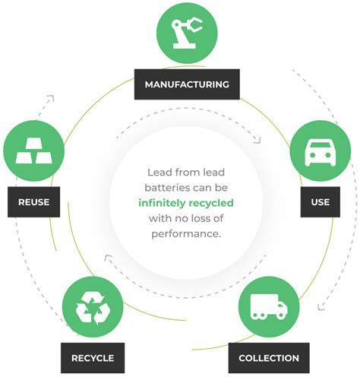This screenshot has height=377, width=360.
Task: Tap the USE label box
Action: click(x=320, y=202)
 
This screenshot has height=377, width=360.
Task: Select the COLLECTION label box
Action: click(x=269, y=357)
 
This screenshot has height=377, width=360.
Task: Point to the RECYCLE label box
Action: click(x=93, y=357)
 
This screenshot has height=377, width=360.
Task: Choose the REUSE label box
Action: click(x=34, y=202)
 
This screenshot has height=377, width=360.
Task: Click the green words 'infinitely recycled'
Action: click(x=185, y=203)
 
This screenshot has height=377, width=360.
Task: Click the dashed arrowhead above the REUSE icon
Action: click(x=50, y=98)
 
